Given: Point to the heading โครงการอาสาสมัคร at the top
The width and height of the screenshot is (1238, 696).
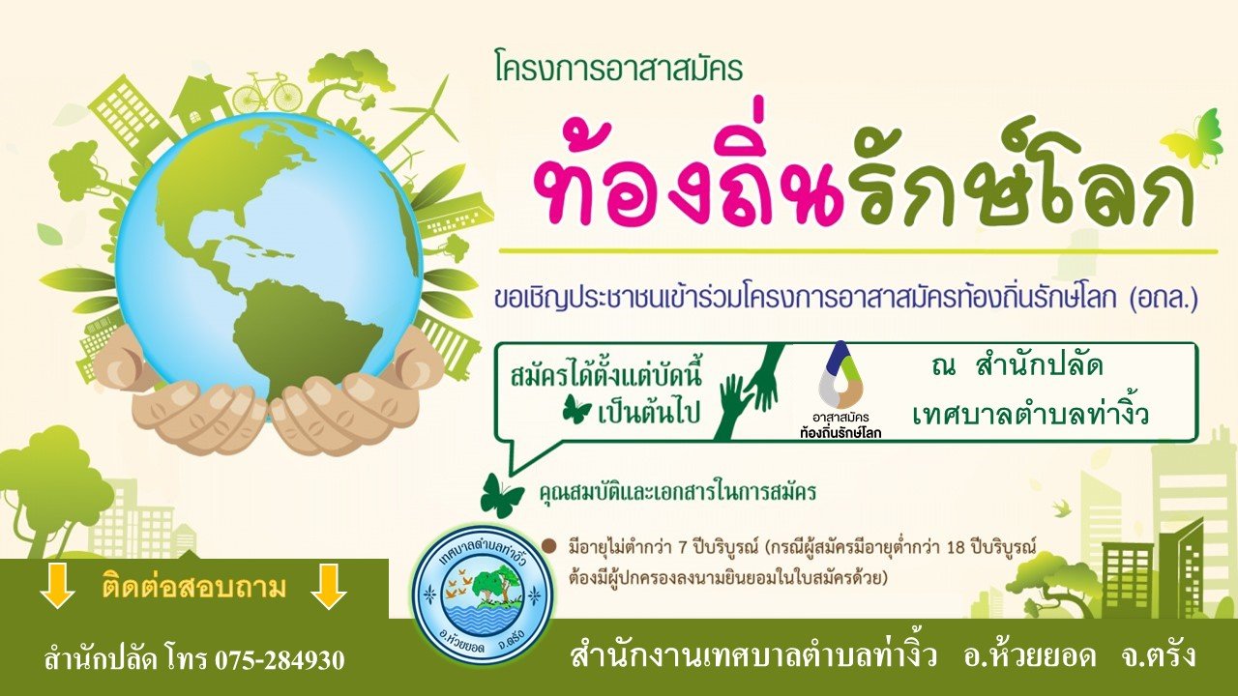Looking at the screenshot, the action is (619, 71).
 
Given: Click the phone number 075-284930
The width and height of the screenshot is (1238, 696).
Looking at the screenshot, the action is (280, 659).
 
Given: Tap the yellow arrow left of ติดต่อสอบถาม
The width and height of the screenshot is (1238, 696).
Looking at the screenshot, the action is (57, 586).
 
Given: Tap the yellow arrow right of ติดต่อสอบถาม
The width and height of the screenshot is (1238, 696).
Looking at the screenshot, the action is (328, 586).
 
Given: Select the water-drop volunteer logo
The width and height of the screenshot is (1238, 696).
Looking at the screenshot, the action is (840, 377).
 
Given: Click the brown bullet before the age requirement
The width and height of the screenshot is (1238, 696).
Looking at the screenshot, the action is (549, 547).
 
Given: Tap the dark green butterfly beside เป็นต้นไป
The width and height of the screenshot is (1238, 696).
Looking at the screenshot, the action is (576, 412).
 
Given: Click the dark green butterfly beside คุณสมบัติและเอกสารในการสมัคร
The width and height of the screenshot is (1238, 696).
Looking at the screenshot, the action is (501, 495).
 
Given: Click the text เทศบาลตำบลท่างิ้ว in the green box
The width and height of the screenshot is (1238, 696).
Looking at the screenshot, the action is (1030, 417).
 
